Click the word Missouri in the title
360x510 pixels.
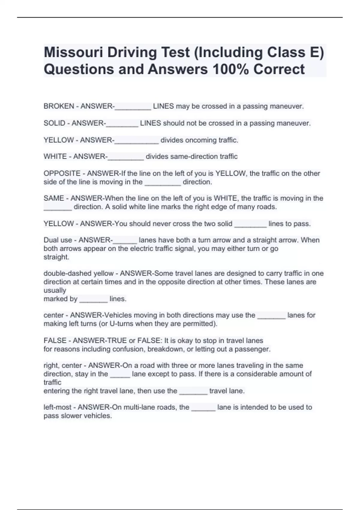click(x=73, y=52)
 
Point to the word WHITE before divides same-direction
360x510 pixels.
click(x=55, y=156)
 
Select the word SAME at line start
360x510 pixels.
click(x=54, y=198)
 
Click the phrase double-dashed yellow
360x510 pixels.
click(x=79, y=273)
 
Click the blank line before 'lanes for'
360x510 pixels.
click(x=271, y=316)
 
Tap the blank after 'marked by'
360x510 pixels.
click(x=93, y=299)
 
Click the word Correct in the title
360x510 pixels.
click(x=279, y=69)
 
